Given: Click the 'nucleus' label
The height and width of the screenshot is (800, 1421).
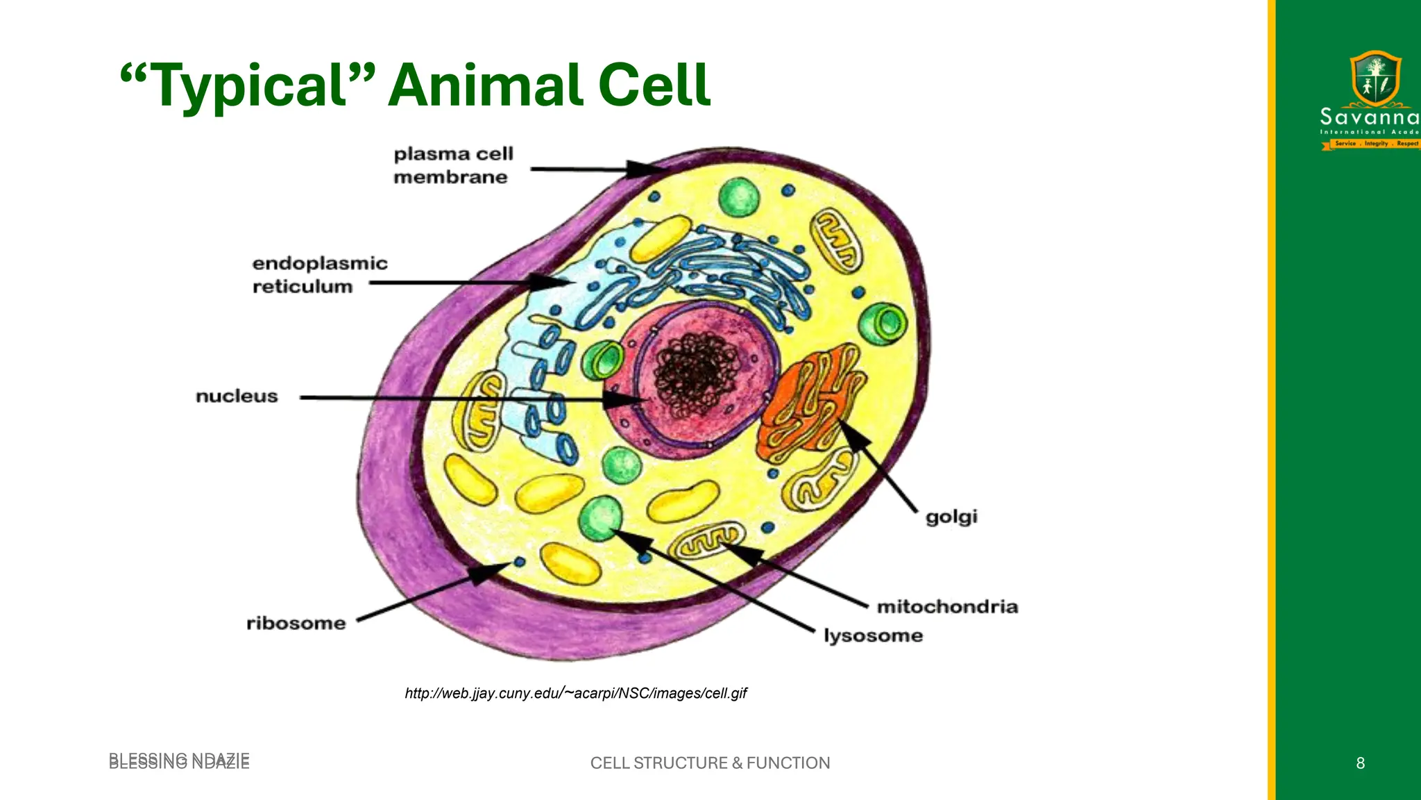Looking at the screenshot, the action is pyautogui.click(x=237, y=397).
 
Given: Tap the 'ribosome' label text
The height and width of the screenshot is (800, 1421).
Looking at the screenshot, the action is pyautogui.click(x=296, y=624).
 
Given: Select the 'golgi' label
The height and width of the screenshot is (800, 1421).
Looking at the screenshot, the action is pyautogui.click(x=951, y=517).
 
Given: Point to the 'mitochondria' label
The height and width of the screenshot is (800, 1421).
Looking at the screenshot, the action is pyautogui.click(x=947, y=607).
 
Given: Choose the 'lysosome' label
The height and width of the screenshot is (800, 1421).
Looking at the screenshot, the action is pyautogui.click(x=874, y=636).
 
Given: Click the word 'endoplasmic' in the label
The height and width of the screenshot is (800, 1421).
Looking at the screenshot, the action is pyautogui.click(x=320, y=264).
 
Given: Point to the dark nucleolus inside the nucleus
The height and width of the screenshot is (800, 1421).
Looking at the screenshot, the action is pyautogui.click(x=698, y=372).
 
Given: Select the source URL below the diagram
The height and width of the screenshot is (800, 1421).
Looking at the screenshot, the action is pyautogui.click(x=575, y=693).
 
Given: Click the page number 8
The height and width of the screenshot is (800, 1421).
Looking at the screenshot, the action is pyautogui.click(x=1360, y=763).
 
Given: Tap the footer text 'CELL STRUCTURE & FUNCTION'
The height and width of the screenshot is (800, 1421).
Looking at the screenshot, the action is pyautogui.click(x=710, y=763).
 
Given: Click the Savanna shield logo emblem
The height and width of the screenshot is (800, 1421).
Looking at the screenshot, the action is pyautogui.click(x=1375, y=78).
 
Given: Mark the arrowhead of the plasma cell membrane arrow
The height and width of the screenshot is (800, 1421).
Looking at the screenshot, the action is pyautogui.click(x=645, y=169).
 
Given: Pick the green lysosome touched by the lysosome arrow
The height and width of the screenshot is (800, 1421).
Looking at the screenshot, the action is pyautogui.click(x=599, y=517).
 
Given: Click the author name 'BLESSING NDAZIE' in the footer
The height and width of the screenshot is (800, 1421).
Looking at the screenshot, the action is pyautogui.click(x=179, y=761).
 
